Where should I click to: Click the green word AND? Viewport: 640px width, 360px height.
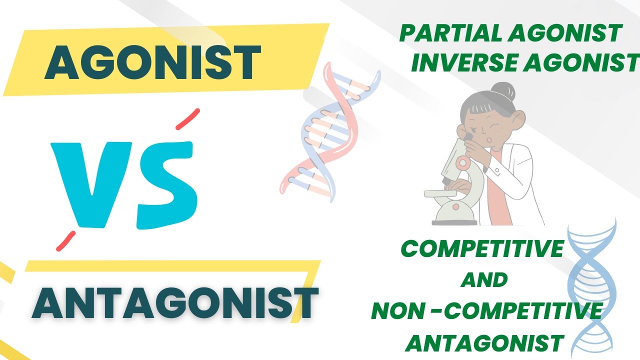click(x=484, y=280)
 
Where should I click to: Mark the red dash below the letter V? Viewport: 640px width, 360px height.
click(x=65, y=240)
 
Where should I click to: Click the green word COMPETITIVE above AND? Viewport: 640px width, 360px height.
click(x=482, y=249)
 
